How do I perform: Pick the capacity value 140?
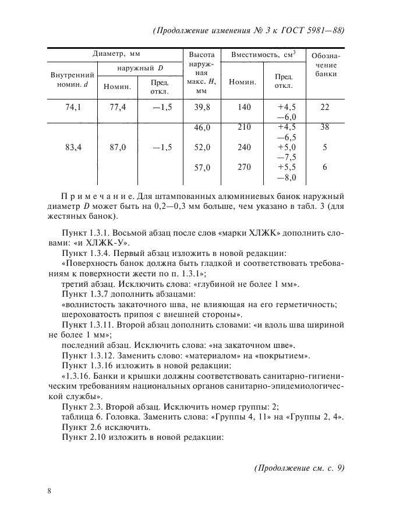coord(244,108)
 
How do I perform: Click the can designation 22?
coord(325,108)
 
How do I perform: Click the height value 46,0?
coord(202,127)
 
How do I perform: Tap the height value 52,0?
coord(202,148)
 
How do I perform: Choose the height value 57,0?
coord(202,168)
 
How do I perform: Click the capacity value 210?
coord(244,127)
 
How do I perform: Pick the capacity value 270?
coord(244,168)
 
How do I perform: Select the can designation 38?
coord(325,127)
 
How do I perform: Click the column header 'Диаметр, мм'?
coord(117,55)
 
